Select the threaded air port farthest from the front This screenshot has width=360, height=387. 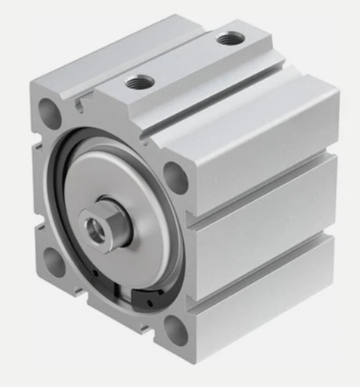228,37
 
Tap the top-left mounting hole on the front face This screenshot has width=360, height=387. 50,113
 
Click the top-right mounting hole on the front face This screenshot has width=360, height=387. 176,178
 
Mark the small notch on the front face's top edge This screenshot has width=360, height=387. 79,100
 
